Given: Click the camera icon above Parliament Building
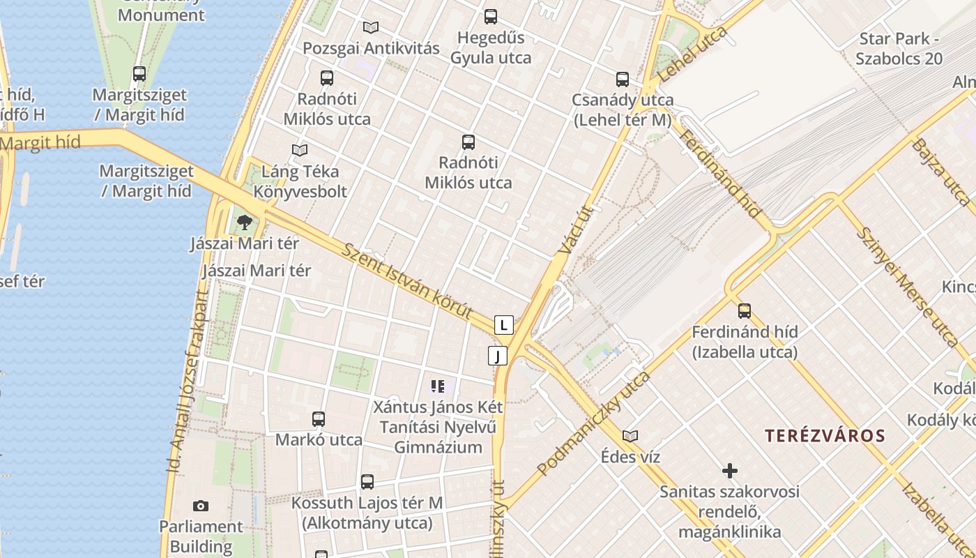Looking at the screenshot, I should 201,506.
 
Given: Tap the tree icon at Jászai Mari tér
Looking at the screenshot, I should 244,223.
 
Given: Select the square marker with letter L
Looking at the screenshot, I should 504,325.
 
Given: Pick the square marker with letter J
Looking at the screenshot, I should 497,356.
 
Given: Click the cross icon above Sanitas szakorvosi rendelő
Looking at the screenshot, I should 730,471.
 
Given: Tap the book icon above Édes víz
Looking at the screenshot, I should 630,436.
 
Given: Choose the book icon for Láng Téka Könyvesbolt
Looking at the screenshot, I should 300,150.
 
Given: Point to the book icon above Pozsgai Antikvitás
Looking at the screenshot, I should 371,27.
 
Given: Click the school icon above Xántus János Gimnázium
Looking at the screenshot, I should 438,386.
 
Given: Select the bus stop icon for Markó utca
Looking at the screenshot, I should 319,418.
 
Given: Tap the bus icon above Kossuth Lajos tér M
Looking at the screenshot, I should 367,481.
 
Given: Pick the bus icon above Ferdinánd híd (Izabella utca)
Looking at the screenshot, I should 745,310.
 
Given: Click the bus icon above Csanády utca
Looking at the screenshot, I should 623,79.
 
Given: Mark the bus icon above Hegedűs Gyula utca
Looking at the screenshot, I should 491,16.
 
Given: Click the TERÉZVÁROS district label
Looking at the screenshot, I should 825,437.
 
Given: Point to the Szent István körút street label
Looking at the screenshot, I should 408,281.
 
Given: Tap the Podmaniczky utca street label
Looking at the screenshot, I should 593,424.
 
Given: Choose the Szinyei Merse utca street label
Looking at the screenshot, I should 907,286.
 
